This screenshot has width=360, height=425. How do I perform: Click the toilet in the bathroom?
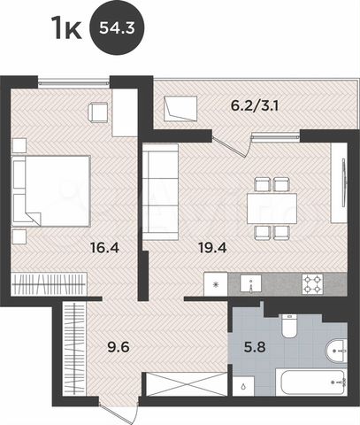[288, 326]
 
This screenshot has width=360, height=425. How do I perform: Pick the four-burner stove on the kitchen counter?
[313, 283]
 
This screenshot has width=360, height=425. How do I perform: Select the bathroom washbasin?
[337, 352]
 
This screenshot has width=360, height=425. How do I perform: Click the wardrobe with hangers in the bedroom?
[52, 286]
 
